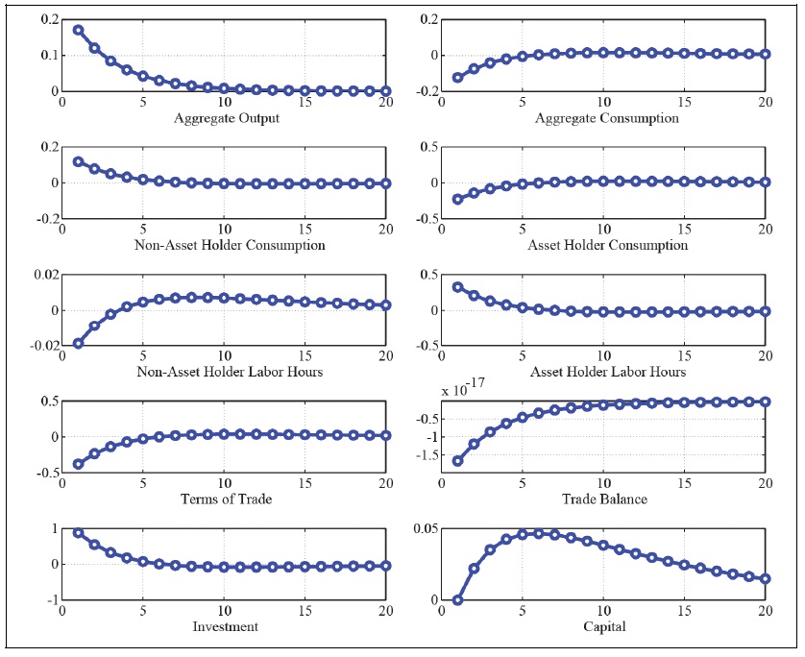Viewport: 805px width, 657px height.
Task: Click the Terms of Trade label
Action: (x=224, y=499)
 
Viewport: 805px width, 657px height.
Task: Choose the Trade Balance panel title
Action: (x=603, y=499)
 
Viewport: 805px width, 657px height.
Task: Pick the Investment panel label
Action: (x=224, y=626)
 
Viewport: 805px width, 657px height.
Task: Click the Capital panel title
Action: (x=603, y=626)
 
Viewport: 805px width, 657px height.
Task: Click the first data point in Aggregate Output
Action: (x=78, y=30)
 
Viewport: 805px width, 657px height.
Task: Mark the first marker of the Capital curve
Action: (x=457, y=600)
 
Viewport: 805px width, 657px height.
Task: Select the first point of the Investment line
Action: (x=78, y=533)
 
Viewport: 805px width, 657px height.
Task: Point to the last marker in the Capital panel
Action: (x=765, y=578)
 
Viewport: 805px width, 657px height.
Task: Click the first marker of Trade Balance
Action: (x=457, y=461)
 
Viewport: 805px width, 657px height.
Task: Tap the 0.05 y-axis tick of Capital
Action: (x=425, y=528)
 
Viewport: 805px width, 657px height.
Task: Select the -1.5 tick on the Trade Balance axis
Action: (x=423, y=454)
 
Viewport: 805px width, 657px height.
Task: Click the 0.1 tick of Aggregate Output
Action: (x=45, y=55)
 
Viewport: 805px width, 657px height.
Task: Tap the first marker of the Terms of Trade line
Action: (x=78, y=464)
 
